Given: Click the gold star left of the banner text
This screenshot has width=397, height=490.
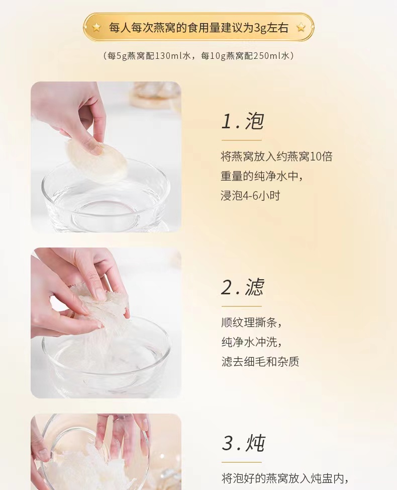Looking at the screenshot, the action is click(x=96, y=28).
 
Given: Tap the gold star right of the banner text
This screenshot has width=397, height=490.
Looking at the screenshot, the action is click(x=301, y=28).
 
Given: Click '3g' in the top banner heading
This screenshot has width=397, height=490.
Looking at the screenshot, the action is click(x=260, y=28).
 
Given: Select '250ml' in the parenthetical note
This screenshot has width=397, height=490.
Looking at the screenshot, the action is click(x=268, y=56).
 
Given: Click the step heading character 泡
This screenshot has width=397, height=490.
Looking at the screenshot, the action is click(x=254, y=121).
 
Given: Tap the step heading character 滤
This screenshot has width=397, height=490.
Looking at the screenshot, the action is click(x=254, y=287).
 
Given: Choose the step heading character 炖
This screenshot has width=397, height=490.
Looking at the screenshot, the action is click(x=256, y=443).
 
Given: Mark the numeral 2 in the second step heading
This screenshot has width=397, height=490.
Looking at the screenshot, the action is click(x=227, y=287).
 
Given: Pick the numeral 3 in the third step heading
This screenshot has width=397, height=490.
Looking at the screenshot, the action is click(x=228, y=443).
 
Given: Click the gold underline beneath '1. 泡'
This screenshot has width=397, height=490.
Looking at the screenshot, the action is click(x=242, y=140).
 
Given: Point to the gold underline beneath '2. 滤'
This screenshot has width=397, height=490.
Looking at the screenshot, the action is click(x=242, y=306).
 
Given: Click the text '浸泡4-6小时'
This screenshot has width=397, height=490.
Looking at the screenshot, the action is click(x=250, y=196).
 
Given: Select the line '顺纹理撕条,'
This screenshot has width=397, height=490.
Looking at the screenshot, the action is click(x=252, y=322).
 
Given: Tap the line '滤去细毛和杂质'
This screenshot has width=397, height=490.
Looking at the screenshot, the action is click(x=260, y=362).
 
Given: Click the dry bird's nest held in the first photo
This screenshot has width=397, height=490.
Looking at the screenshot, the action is click(x=97, y=161).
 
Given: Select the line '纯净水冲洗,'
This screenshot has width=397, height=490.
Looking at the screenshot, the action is click(x=252, y=342).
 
